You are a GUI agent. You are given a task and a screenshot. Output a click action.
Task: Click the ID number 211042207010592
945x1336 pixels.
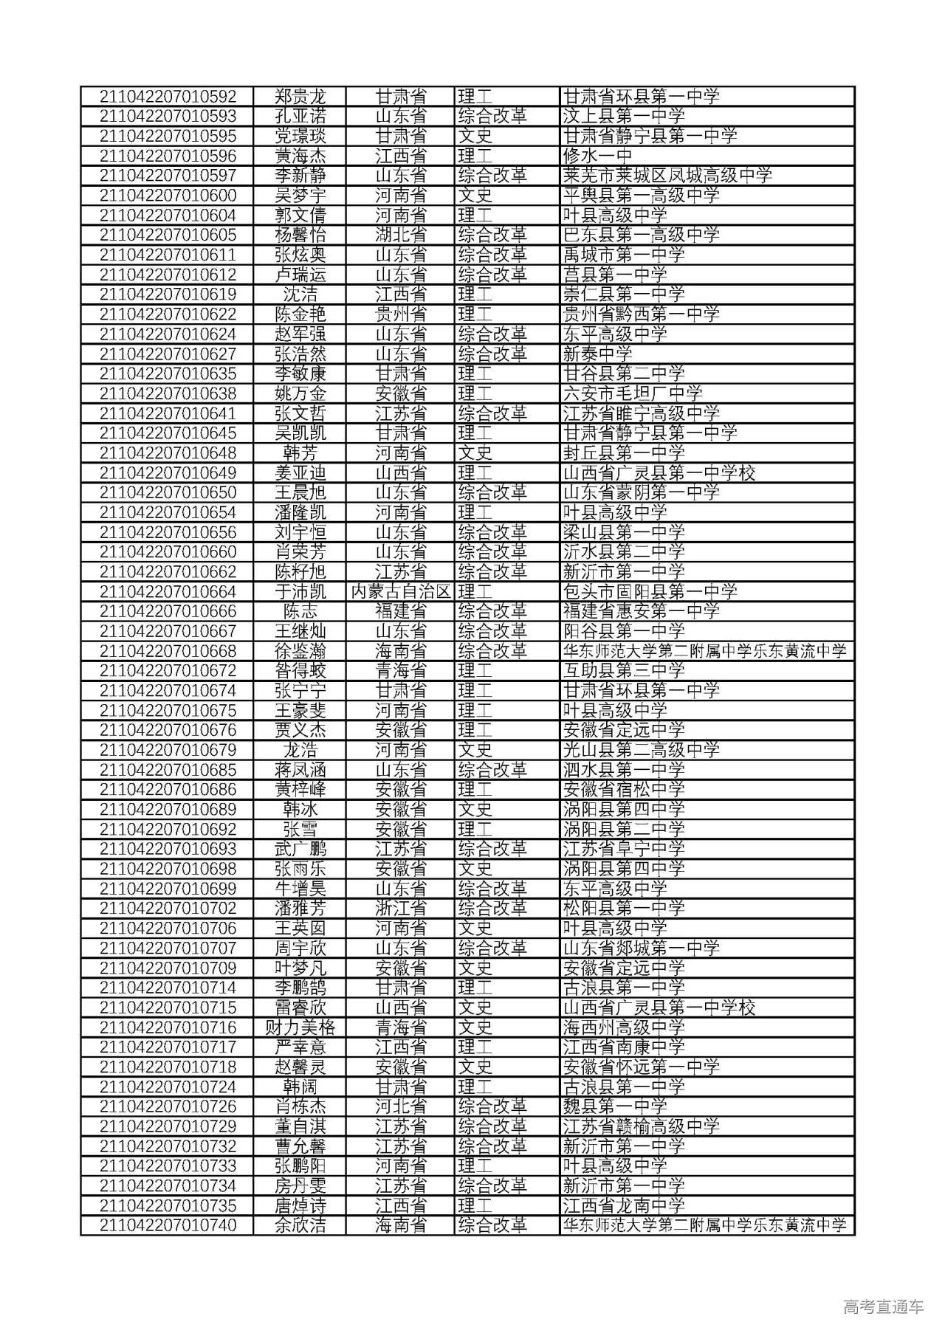click(x=168, y=97)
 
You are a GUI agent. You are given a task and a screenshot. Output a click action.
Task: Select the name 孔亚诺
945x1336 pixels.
click(x=300, y=117)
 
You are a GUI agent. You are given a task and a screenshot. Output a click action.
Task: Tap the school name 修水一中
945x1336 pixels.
click(x=598, y=156)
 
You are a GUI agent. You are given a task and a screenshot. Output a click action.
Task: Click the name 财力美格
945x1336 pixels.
click(x=300, y=1027)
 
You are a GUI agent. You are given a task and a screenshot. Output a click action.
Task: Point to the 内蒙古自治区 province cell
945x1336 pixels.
click(x=401, y=592)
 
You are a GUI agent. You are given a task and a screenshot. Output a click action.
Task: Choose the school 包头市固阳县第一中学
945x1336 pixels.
click(x=650, y=592)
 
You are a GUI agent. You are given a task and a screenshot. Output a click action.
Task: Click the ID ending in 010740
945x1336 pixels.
click(x=168, y=1225)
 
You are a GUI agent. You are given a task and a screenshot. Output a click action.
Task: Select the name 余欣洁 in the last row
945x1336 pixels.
click(x=300, y=1225)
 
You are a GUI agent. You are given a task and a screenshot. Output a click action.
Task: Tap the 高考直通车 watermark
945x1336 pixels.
click(x=883, y=1307)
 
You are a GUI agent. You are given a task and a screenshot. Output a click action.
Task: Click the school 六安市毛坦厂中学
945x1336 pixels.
click(x=633, y=393)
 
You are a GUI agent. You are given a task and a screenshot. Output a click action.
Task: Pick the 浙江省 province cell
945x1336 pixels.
click(x=401, y=909)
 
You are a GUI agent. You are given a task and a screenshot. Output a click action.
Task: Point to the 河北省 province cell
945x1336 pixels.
click(x=401, y=1106)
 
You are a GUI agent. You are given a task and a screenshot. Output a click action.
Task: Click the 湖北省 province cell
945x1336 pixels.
click(x=401, y=235)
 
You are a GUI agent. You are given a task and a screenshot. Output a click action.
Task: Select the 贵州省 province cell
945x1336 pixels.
click(x=401, y=314)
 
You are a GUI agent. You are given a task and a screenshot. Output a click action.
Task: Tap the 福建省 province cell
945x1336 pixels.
click(x=401, y=612)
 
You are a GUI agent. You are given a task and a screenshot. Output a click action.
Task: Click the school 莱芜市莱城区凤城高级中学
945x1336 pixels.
click(x=667, y=176)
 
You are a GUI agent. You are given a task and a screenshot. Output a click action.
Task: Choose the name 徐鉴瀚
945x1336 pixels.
click(x=300, y=651)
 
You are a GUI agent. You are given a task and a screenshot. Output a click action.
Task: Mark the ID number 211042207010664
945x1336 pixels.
click(x=168, y=592)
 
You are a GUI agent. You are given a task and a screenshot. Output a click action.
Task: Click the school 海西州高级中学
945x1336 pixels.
click(x=624, y=1027)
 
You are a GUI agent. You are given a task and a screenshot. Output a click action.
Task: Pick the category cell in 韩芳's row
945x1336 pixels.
click(x=475, y=453)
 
